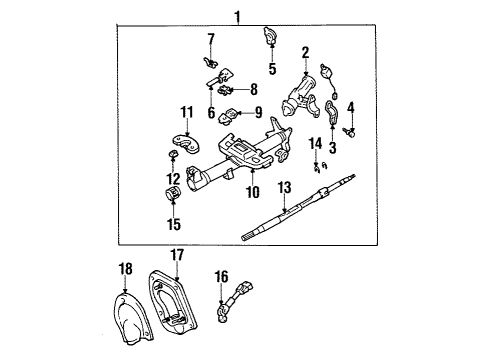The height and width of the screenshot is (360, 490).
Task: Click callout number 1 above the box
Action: click(x=237, y=15)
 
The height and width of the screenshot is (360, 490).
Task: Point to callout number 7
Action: click(x=211, y=39)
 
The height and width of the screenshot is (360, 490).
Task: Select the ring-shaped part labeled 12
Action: click(x=172, y=157)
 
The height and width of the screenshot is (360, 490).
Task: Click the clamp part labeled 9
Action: click(x=231, y=116)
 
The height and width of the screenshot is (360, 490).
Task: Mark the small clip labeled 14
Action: click(x=320, y=164)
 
